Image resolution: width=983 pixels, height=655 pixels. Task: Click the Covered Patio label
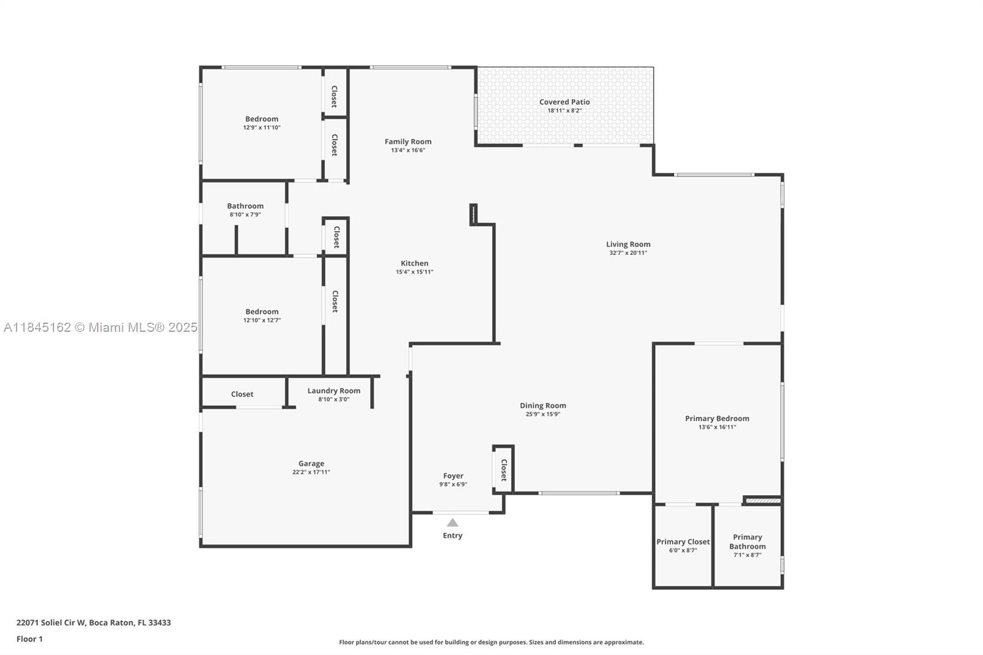pyautogui.click(x=565, y=102)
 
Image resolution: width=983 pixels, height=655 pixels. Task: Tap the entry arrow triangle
pyautogui.click(x=452, y=522)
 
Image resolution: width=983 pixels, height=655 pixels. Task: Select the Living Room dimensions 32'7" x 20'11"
pyautogui.click(x=628, y=253)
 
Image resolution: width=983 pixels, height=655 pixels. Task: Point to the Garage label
pyautogui.click(x=311, y=463)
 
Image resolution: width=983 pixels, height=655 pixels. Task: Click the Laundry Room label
pyautogui.click(x=334, y=391)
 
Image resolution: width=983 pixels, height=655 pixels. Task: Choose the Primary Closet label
pyautogui.click(x=683, y=542)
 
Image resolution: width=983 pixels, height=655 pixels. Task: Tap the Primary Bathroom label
pyautogui.click(x=747, y=542)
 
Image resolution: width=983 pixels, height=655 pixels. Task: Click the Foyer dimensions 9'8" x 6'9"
pyautogui.click(x=453, y=484)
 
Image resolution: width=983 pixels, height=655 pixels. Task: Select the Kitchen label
pyautogui.click(x=414, y=264)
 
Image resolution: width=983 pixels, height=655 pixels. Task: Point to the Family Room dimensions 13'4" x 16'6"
pyautogui.click(x=408, y=150)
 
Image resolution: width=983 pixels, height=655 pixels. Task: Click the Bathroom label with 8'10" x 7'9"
pyautogui.click(x=245, y=206)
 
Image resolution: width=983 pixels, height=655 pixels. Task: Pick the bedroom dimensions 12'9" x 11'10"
pyautogui.click(x=262, y=128)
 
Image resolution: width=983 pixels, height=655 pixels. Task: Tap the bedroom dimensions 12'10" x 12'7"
pyautogui.click(x=262, y=320)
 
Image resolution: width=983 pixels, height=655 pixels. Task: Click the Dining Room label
pyautogui.click(x=543, y=406)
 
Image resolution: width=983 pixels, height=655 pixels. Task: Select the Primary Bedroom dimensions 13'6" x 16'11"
pyautogui.click(x=717, y=427)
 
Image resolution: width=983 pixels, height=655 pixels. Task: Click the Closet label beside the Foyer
pyautogui.click(x=504, y=470)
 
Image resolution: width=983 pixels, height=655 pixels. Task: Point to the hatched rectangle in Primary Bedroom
pyautogui.click(x=763, y=501)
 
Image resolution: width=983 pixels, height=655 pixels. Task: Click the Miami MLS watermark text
pyautogui.click(x=101, y=327)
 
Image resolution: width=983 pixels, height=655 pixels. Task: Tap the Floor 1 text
pyautogui.click(x=29, y=639)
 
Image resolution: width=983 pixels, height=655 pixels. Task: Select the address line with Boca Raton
pyautogui.click(x=93, y=622)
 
